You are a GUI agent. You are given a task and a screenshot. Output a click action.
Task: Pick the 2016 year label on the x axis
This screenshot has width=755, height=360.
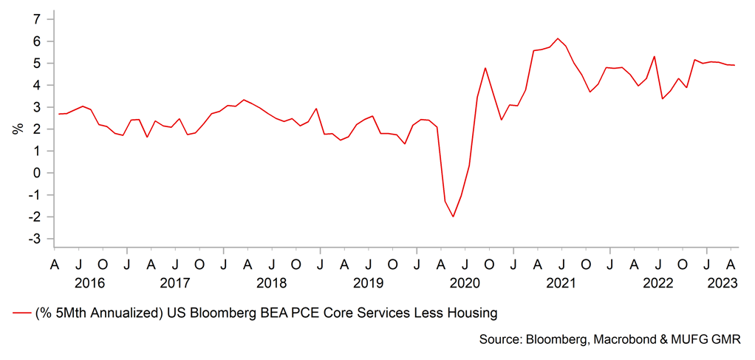point(90,282)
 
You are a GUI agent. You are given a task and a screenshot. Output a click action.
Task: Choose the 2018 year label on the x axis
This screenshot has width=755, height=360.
point(271,282)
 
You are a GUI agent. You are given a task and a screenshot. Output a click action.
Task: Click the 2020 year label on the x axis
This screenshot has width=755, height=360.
point(465,282)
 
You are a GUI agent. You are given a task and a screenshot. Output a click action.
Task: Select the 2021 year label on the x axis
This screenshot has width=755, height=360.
point(561,282)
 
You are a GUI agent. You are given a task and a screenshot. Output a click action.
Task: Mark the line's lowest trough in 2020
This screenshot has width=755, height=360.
point(453,217)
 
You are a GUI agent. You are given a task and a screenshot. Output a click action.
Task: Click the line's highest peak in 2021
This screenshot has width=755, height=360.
point(558,38)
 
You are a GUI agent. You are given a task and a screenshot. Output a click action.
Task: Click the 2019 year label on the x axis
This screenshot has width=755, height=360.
point(368,282)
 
